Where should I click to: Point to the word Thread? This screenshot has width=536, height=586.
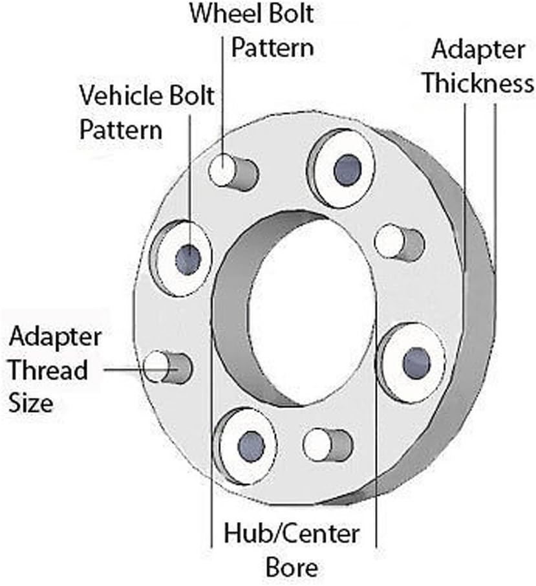48,371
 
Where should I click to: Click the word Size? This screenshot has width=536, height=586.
30,404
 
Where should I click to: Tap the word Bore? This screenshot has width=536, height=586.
292,568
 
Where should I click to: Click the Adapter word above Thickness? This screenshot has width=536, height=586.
478,49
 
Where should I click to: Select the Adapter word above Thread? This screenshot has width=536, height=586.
55,337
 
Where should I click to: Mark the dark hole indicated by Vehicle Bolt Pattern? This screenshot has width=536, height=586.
188,259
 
